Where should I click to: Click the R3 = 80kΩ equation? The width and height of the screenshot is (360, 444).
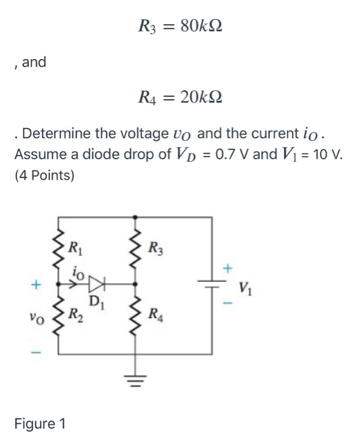[180, 27]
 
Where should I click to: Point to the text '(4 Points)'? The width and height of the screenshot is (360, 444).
[44, 175]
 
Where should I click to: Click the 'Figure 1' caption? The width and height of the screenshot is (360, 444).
[43, 422]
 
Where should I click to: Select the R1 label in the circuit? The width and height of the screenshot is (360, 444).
[75, 247]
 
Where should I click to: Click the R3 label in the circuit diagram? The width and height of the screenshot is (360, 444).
[153, 247]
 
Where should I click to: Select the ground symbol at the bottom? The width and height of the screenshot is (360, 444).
[134, 379]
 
